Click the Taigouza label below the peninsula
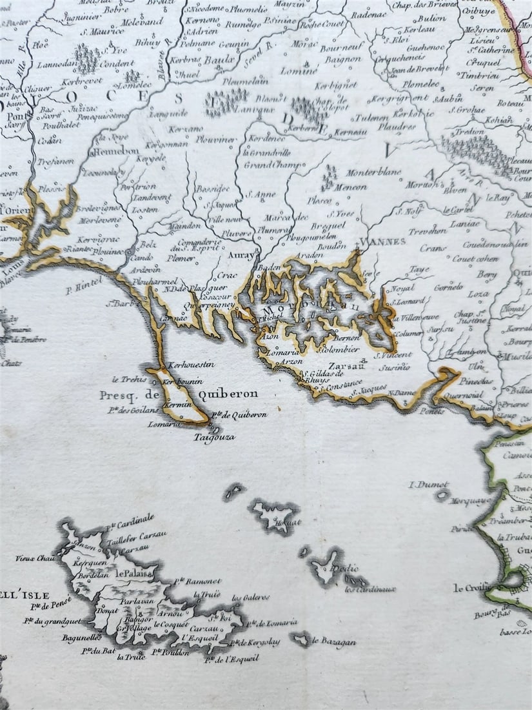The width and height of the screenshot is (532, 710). [x=214, y=437]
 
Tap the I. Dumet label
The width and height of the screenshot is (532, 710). [x=429, y=485]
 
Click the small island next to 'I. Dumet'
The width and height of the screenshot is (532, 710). [x=442, y=496]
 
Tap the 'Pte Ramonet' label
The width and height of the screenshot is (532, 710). [x=198, y=582]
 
